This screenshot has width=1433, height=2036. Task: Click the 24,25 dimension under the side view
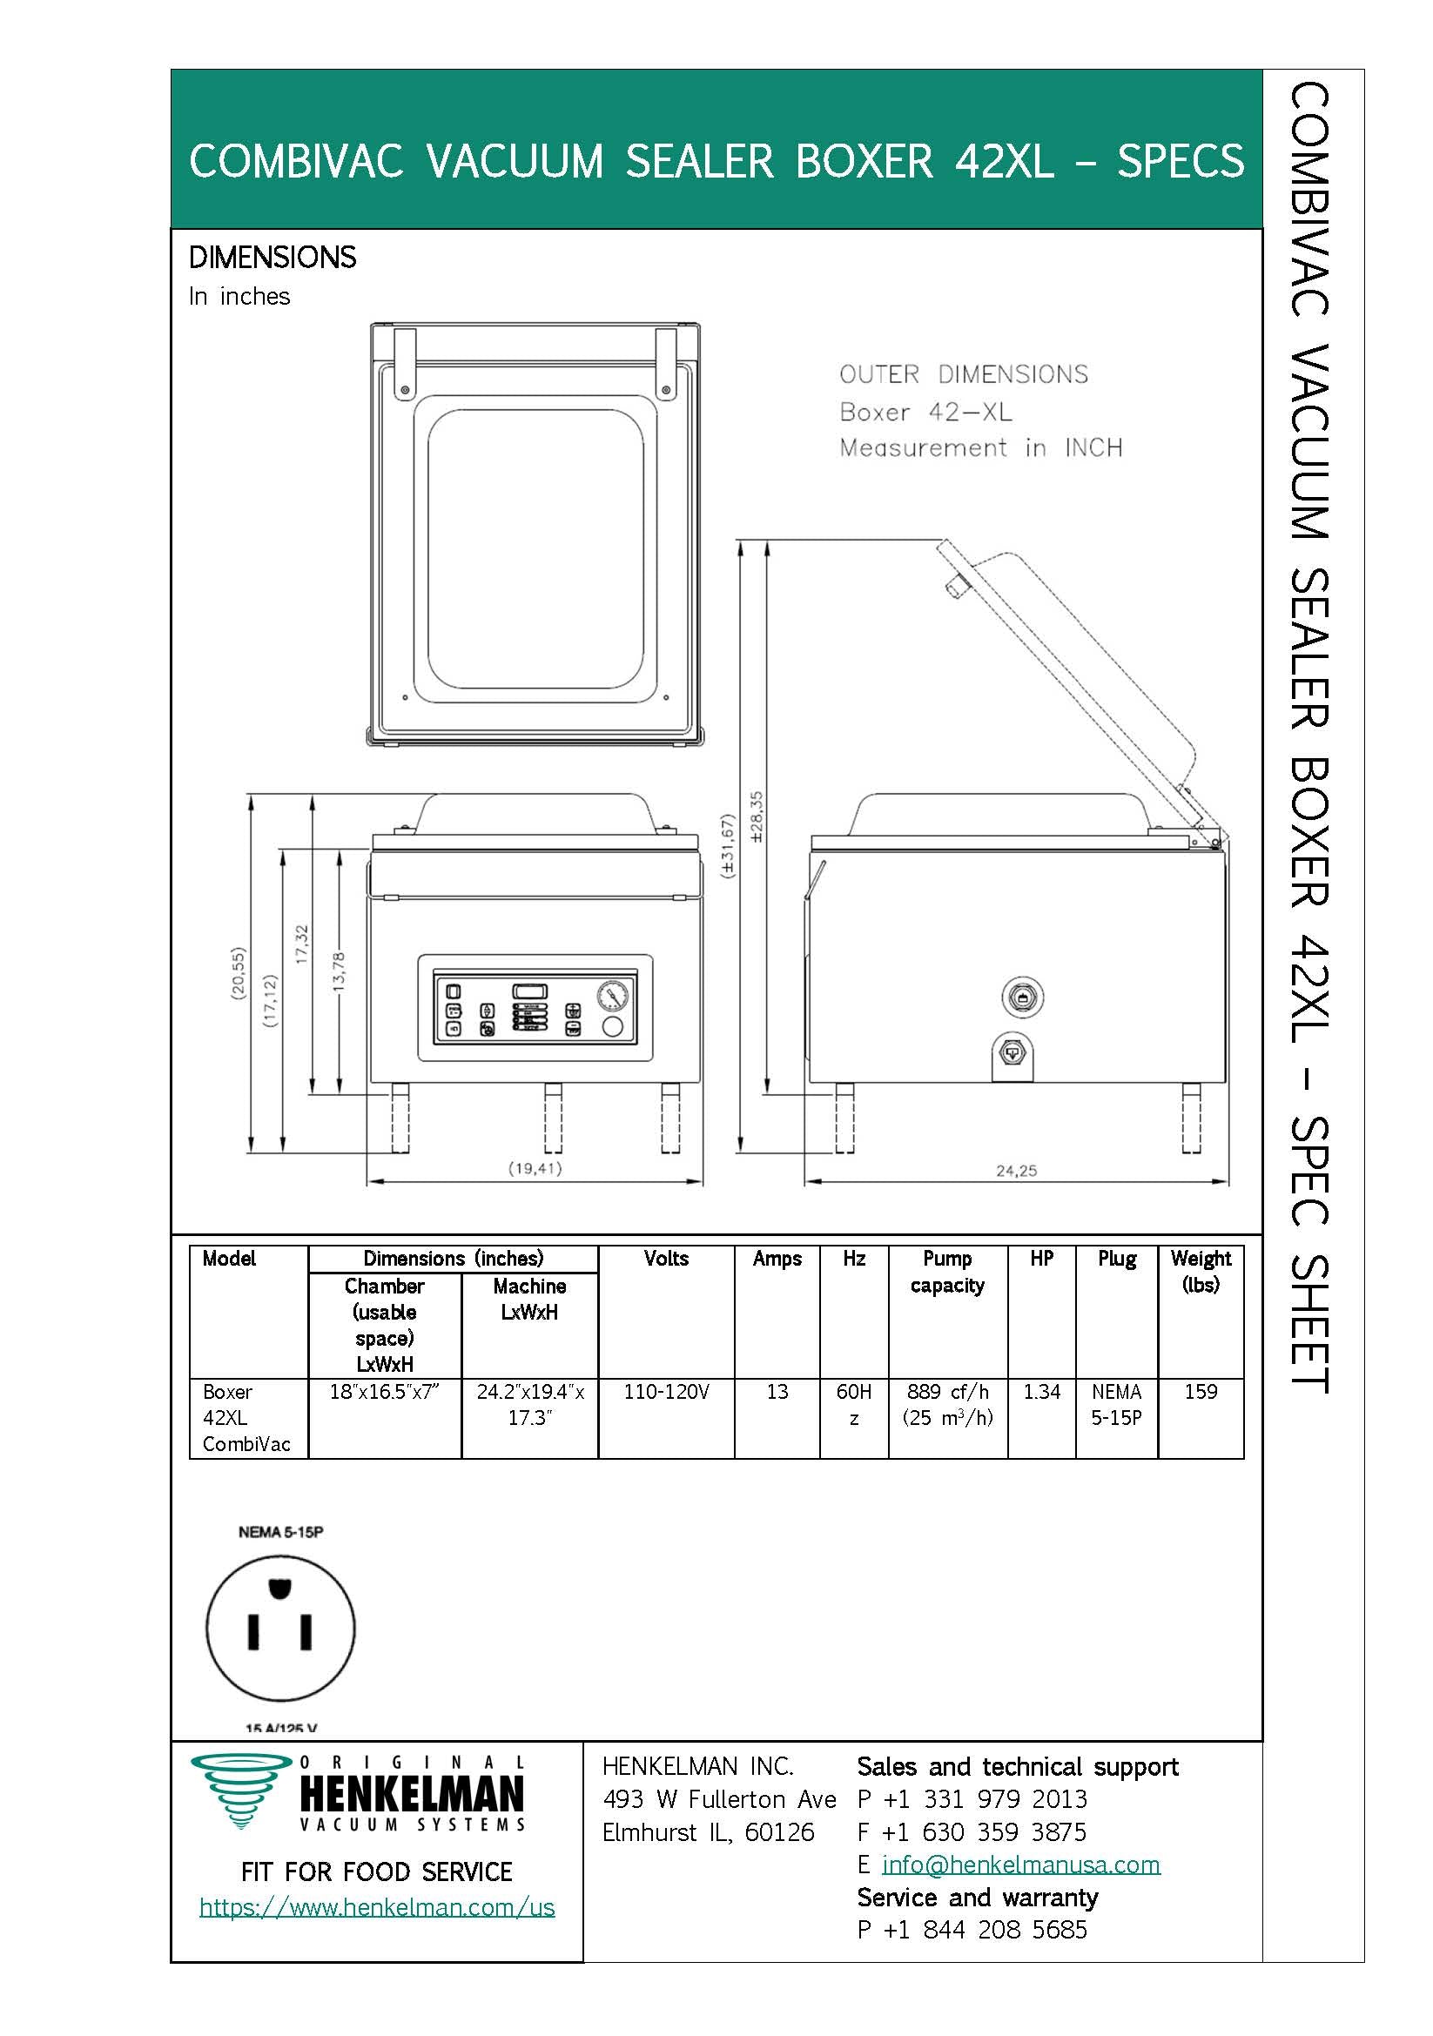tap(1016, 1171)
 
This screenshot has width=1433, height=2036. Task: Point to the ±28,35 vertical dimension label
tap(757, 816)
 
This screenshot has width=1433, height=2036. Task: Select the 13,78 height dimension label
tap(339, 973)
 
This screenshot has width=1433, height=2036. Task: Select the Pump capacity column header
tap(947, 1272)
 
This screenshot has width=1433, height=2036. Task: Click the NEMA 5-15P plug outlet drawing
tap(280, 1628)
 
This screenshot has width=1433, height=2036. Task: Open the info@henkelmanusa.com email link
tap(1020, 1864)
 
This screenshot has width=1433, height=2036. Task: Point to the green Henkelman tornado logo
tap(240, 1789)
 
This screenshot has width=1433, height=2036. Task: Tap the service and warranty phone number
tap(972, 1930)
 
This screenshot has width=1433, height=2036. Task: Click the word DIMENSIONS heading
tap(272, 257)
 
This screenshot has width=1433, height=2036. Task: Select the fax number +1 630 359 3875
tap(972, 1831)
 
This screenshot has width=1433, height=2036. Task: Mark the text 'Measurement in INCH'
tap(981, 447)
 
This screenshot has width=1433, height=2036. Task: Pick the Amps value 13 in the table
tap(777, 1391)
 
